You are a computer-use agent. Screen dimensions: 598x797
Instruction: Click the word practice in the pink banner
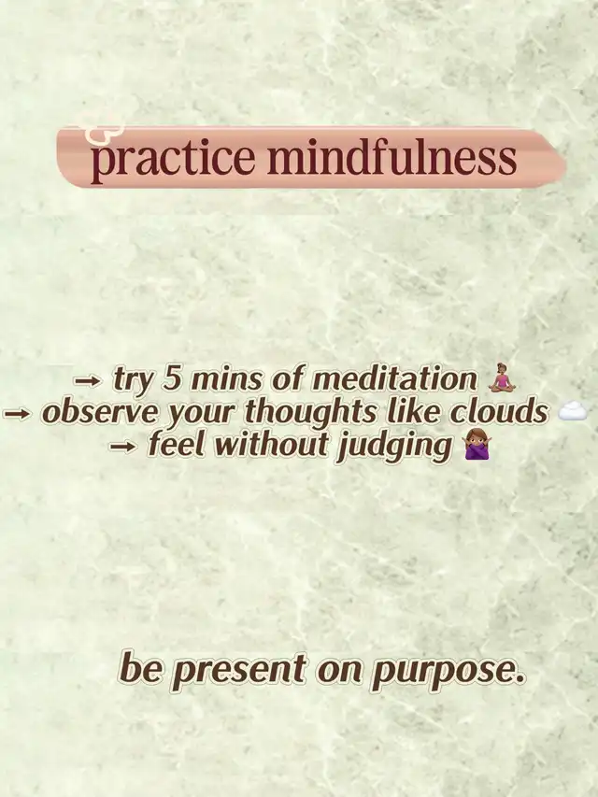(x=172, y=159)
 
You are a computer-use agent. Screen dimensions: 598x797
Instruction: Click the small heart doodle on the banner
(x=103, y=130)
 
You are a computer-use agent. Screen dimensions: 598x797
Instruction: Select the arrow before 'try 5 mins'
(x=89, y=380)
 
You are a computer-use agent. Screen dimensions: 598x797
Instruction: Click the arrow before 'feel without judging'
(x=123, y=447)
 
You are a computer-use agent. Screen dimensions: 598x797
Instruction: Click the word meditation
(x=394, y=379)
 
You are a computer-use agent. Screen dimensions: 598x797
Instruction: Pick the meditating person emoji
(x=502, y=378)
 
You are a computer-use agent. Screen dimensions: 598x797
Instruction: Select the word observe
(x=101, y=413)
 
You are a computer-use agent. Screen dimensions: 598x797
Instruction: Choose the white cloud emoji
(x=572, y=411)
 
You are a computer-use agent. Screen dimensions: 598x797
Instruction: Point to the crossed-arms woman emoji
(x=477, y=444)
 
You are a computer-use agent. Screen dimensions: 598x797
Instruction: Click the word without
(x=271, y=445)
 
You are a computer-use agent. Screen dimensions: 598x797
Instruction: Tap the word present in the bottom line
(x=242, y=671)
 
